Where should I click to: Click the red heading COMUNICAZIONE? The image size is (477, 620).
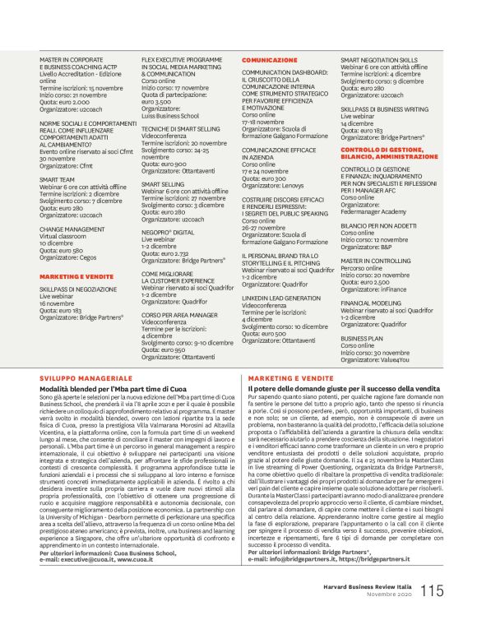click(270, 61)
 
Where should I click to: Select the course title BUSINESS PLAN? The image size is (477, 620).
click(363, 338)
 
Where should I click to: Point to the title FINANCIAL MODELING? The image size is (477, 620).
click(371, 302)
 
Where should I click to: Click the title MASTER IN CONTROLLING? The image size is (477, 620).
click(376, 259)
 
